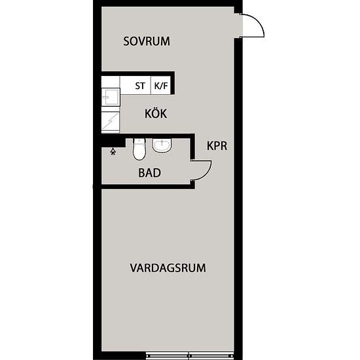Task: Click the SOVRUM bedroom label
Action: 147,41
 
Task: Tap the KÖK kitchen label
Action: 156,114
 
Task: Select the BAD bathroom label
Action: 149,173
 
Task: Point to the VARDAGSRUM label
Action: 168,268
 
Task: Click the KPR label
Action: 217,147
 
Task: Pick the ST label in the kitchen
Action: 140,86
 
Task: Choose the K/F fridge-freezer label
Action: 160,86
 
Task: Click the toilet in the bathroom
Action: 138,150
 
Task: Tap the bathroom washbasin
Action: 162,146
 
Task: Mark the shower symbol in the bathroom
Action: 114,151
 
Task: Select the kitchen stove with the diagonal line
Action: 111,121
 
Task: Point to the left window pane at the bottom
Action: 168,357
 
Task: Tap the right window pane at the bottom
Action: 212,357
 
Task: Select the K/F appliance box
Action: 161,85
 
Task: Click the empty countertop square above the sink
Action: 111,83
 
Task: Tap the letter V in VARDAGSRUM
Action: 133,268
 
